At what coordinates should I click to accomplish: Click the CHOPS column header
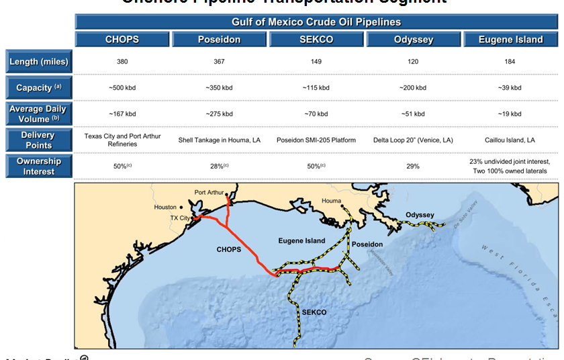pos(122,40)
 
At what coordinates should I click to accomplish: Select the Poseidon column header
pos(220,40)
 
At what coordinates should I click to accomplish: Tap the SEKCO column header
pos(316,40)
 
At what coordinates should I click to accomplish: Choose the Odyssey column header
pos(413,40)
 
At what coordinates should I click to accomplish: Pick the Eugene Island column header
pos(510,40)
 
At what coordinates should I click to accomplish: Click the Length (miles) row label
pos(39,62)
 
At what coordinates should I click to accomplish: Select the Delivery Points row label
pos(39,140)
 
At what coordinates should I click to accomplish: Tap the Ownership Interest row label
pos(39,166)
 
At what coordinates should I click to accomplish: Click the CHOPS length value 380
pos(122,62)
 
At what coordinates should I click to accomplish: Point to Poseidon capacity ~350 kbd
pos(220,88)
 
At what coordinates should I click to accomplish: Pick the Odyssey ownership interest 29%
pos(413,166)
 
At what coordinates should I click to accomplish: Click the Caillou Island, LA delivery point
pos(510,140)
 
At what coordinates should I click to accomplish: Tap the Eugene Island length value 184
pos(510,62)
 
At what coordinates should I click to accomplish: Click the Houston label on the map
pos(165,208)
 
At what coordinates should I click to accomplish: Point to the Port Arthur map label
pos(209,193)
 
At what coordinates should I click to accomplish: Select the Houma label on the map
pos(332,201)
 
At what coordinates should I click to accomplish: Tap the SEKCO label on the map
pos(314,312)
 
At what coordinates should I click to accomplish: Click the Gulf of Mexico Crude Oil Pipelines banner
pos(316,22)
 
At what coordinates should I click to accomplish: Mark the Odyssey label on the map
pos(420,216)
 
